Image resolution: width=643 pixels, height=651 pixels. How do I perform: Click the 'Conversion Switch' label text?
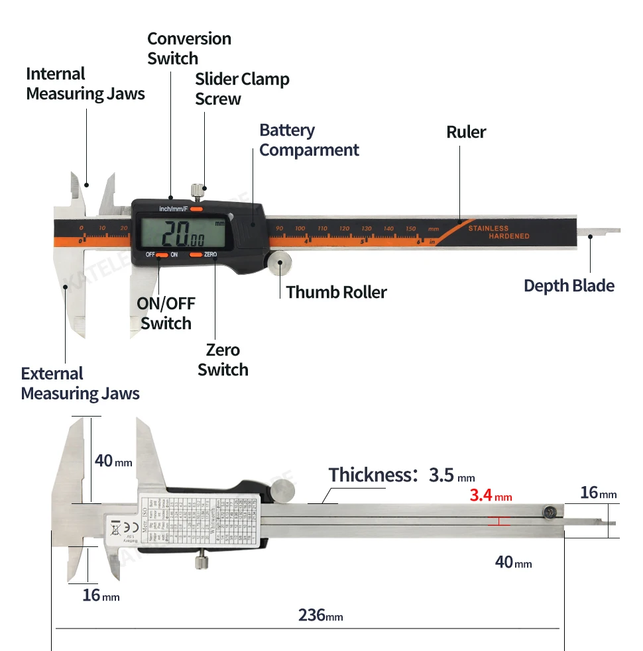(189, 48)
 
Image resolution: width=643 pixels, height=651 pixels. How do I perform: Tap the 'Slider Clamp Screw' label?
(242, 89)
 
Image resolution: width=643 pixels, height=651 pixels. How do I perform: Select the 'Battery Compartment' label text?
(309, 140)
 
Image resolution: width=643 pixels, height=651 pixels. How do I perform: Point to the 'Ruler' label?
(466, 132)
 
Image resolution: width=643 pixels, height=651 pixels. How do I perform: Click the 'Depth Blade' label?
(569, 285)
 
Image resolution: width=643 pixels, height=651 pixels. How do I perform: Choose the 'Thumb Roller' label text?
(336, 292)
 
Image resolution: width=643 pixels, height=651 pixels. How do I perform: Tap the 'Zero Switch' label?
(223, 360)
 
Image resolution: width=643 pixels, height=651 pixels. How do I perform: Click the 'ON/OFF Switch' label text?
(166, 313)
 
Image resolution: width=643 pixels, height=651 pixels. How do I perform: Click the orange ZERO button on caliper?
(196, 254)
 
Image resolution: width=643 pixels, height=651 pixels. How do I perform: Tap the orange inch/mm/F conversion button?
(197, 209)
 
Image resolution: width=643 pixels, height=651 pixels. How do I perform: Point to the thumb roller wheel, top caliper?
(280, 263)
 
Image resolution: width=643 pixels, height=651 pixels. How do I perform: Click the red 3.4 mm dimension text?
(491, 495)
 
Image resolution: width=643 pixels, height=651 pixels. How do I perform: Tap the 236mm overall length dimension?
(320, 615)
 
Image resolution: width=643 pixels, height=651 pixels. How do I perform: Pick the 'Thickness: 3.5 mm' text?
(402, 475)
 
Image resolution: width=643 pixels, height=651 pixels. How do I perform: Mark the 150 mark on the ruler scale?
(411, 228)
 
